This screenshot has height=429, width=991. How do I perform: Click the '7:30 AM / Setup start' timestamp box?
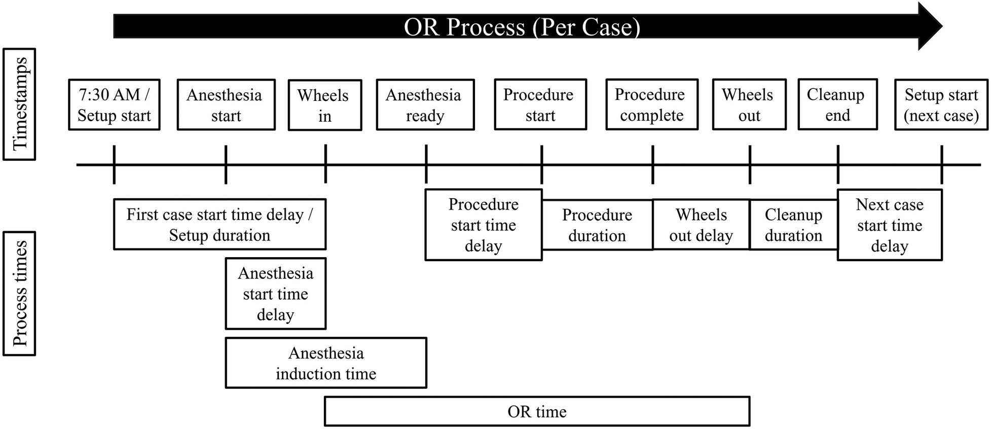pyautogui.click(x=114, y=105)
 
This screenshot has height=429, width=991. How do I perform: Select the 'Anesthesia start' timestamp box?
pyautogui.click(x=226, y=105)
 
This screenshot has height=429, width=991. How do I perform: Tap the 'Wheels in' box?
pyautogui.click(x=324, y=105)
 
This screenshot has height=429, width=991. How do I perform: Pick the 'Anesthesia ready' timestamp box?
pyautogui.click(x=425, y=105)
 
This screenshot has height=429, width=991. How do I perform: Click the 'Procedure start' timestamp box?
pyautogui.click(x=540, y=104)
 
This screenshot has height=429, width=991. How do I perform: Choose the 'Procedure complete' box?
pyautogui.click(x=651, y=104)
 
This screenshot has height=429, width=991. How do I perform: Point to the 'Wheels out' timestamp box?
pyautogui.click(x=749, y=104)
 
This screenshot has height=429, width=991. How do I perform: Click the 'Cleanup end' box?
pyautogui.click(x=837, y=104)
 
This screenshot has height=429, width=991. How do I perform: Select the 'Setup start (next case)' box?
pyautogui.click(x=941, y=105)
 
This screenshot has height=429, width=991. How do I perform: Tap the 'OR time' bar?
pyautogui.click(x=537, y=411)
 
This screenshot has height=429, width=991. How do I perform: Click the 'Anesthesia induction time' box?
pyautogui.click(x=326, y=363)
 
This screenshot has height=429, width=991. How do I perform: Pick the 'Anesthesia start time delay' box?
pyautogui.click(x=275, y=294)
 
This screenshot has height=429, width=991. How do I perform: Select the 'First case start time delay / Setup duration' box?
pyautogui.click(x=219, y=224)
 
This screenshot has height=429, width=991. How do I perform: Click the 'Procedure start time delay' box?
pyautogui.click(x=483, y=225)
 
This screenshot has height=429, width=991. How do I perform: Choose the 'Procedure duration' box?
pyautogui.click(x=597, y=225)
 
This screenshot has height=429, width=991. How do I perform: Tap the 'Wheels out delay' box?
pyautogui.click(x=701, y=225)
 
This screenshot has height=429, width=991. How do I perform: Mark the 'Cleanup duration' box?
pyautogui.click(x=793, y=225)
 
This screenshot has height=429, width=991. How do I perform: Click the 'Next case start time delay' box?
pyautogui.click(x=889, y=225)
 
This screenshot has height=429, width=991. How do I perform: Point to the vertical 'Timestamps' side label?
pyautogui.click(x=19, y=104)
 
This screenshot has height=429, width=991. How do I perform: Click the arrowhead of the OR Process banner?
pyautogui.click(x=930, y=26)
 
